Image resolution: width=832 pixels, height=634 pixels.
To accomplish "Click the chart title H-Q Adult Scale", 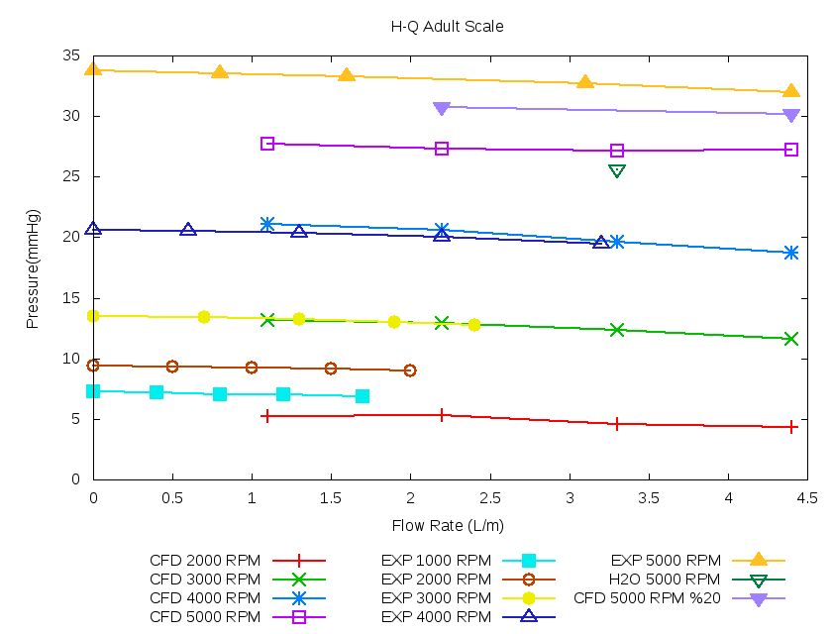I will point(447,27).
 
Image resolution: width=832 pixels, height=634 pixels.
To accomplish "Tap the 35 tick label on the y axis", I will point(72,55).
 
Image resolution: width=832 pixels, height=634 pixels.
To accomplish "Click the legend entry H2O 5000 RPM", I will point(665,580).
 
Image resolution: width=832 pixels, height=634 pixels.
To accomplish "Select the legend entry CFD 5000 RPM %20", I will point(647,598).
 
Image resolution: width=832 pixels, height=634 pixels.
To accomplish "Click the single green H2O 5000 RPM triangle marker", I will point(617,170).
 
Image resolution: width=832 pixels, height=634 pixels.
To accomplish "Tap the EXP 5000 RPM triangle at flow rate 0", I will point(93,69).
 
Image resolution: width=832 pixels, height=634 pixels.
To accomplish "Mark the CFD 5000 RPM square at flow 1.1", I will point(267,144).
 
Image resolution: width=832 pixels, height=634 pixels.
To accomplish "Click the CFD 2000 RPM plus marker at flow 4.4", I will point(791,427).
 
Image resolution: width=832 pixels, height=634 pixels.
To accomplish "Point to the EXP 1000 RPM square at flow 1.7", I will point(363,396).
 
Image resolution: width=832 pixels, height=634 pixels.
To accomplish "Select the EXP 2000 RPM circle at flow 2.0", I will point(410,370).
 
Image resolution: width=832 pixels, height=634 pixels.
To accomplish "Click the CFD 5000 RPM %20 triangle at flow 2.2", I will point(442,108).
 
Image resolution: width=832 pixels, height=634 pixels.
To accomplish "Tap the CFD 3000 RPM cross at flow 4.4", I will point(791,339).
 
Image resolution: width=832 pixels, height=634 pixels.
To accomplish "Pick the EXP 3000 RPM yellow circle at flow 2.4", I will point(474,324).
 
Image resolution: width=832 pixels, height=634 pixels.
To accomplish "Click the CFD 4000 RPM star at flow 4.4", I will point(791,253).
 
